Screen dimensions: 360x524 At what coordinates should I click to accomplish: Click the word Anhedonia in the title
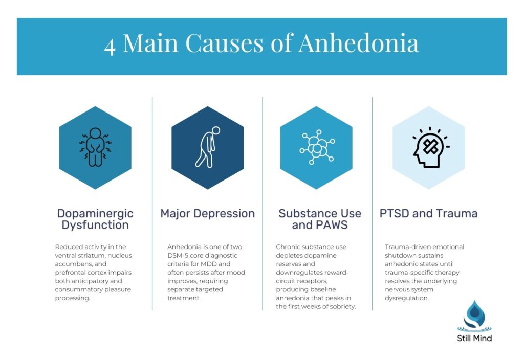(358, 44)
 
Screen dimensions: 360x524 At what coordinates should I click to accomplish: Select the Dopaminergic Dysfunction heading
(95, 219)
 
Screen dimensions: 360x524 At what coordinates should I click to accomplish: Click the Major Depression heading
(207, 213)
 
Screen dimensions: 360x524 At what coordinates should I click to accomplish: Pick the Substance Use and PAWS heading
(320, 219)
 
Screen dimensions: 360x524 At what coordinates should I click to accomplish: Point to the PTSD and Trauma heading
(428, 213)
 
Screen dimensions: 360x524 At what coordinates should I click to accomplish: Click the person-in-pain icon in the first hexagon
(95, 147)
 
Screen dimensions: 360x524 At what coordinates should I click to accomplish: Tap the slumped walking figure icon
(207, 147)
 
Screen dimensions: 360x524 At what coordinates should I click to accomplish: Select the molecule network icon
(316, 148)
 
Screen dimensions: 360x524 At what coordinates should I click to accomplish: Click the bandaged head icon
(428, 148)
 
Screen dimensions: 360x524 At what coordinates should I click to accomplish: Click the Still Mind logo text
(474, 338)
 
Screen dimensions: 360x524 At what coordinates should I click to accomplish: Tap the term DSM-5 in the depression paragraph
(179, 255)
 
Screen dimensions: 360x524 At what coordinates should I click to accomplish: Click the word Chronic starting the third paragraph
(288, 247)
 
